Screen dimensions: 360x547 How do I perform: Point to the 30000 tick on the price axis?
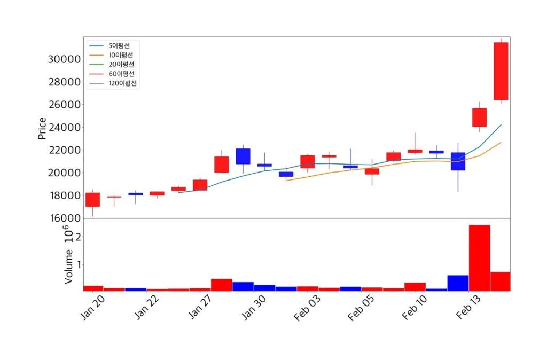coord(64,59)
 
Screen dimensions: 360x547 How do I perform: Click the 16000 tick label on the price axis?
coord(64,218)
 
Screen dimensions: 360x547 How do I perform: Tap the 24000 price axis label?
coord(64,127)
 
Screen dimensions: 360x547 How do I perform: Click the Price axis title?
coord(42,128)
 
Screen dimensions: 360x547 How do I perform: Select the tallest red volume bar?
coord(479,258)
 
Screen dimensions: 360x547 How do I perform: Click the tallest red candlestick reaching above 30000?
coord(501,71)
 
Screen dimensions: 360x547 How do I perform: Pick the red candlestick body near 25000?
coord(479,118)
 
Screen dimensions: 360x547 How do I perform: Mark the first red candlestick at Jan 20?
coord(92,200)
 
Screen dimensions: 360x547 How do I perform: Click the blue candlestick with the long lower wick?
coord(458,161)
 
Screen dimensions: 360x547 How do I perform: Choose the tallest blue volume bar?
coord(458,283)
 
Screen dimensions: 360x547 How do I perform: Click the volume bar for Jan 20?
coord(93,288)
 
